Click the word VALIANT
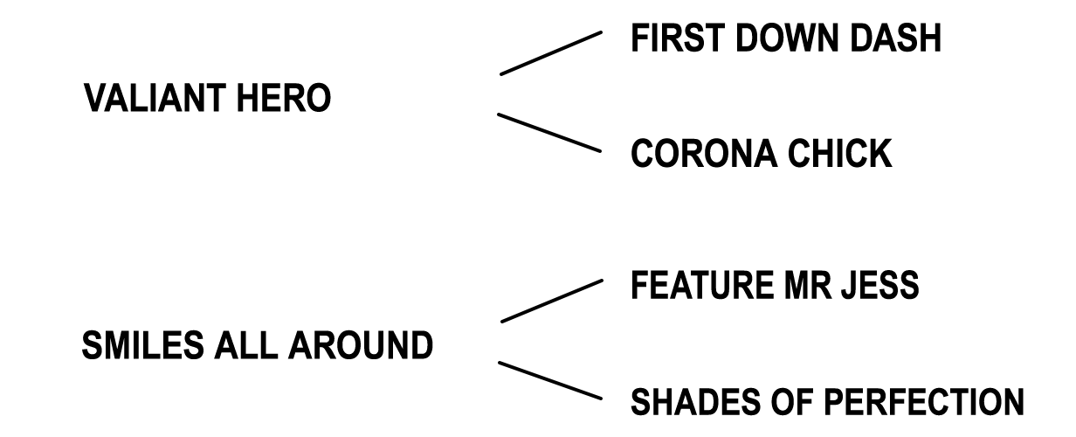[x=155, y=98]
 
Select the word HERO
[x=283, y=98]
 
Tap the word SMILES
[x=142, y=345]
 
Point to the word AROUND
[x=361, y=345]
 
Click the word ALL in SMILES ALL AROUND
[x=246, y=345]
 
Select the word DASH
[x=895, y=38]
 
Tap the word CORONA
[x=704, y=153]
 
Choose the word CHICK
[x=839, y=153]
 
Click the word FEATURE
[x=702, y=285]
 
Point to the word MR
[x=808, y=285]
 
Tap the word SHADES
[x=695, y=401]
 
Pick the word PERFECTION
[x=924, y=401]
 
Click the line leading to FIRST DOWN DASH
[x=551, y=53]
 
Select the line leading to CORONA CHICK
[x=549, y=133]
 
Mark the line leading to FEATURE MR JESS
[x=552, y=301]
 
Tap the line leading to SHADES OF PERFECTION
[x=550, y=380]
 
